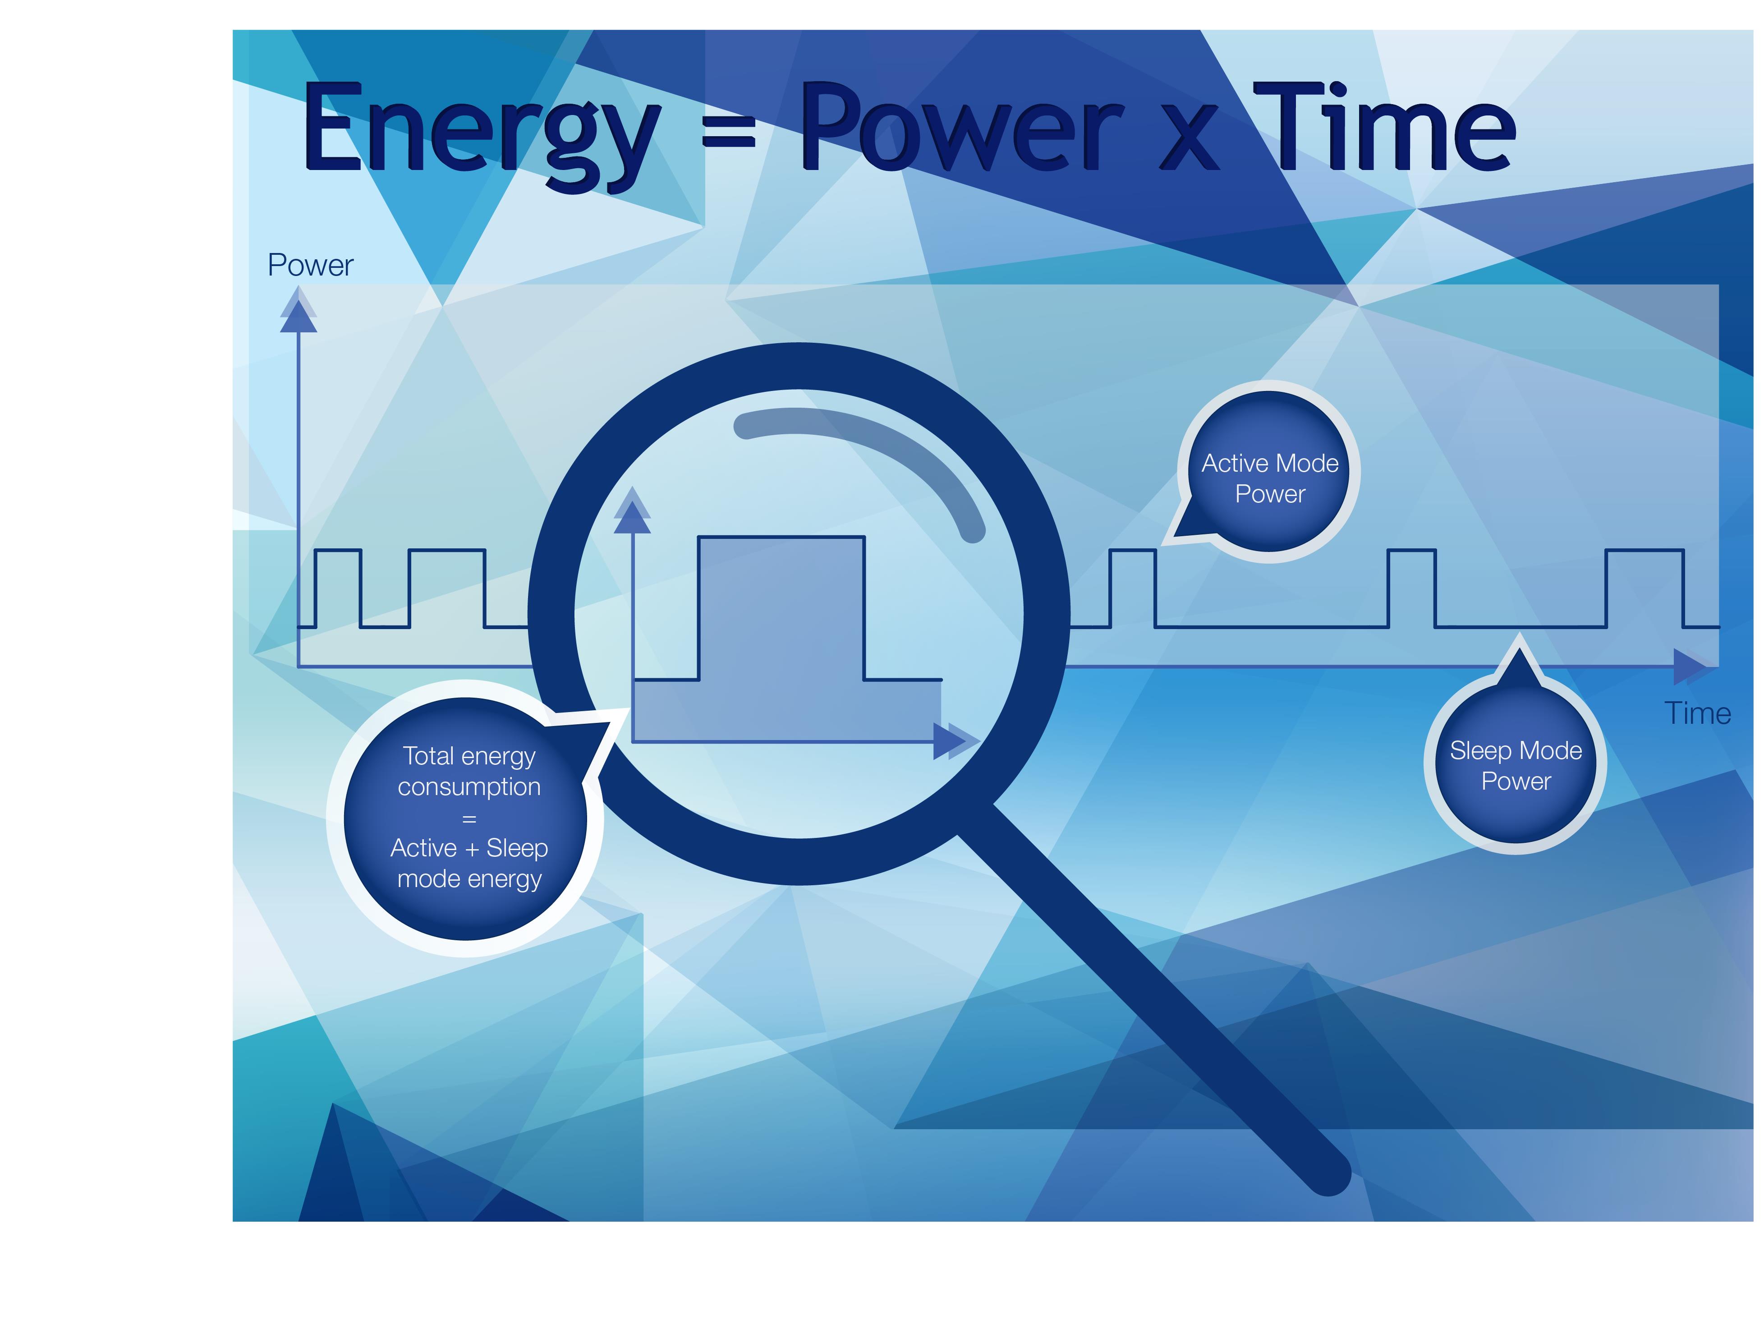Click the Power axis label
[310, 265]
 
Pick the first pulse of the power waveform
[338, 588]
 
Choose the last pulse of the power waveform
[1645, 588]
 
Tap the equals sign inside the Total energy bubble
[469, 819]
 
